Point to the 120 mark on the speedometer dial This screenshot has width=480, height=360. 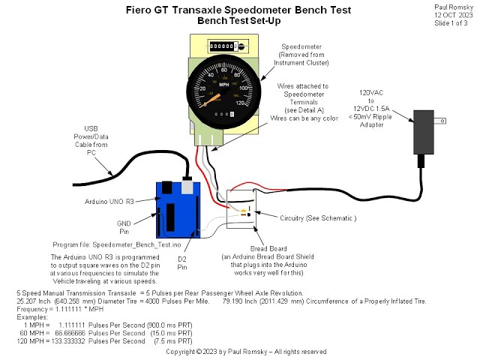(x=257, y=103)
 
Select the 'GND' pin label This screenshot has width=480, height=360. (x=124, y=223)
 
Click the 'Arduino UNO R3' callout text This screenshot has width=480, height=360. (x=110, y=202)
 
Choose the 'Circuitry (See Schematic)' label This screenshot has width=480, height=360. (x=318, y=217)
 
